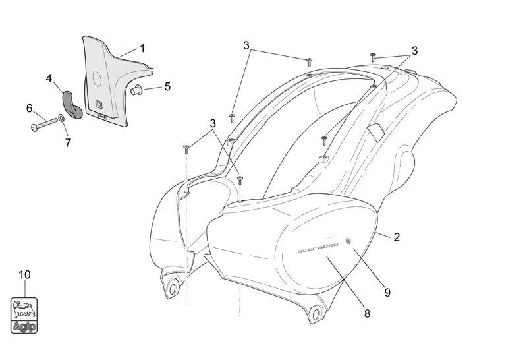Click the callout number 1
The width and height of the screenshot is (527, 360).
point(142,49)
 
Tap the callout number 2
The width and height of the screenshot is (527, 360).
point(397,237)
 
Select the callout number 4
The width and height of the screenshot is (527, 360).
point(49,78)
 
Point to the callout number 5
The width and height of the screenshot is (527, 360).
point(167,86)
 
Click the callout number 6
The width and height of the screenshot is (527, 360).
point(29,107)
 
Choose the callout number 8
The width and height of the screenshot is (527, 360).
point(367,314)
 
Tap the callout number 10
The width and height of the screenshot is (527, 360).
point(24,274)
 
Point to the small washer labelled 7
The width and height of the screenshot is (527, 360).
point(61,118)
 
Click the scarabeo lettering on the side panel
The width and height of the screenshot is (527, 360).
point(318,248)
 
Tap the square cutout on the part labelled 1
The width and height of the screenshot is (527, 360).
point(100,103)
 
